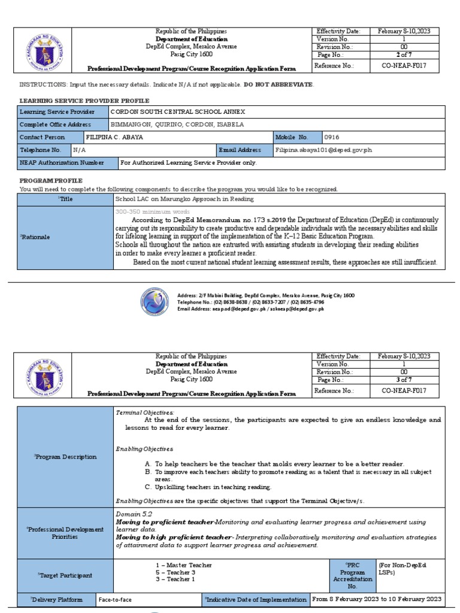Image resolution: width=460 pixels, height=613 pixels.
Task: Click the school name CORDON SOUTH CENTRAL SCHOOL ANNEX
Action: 178,112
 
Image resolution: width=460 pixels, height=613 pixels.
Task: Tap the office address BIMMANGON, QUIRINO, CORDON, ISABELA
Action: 178,125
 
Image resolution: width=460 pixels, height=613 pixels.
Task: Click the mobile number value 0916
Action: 332,137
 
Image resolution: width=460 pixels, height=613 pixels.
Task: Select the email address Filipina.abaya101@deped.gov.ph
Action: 323,150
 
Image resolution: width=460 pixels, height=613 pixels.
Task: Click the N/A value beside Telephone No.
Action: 80,150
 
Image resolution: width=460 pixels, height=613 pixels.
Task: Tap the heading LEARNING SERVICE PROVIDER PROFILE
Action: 84,101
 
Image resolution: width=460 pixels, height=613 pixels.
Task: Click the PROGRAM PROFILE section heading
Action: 51,180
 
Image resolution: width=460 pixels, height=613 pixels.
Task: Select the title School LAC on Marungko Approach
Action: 184,199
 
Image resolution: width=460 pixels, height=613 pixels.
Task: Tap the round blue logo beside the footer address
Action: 155,302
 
